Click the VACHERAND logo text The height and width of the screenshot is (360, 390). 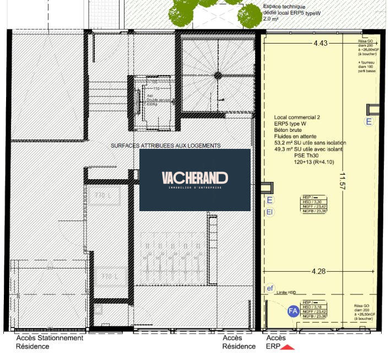pyautogui.click(x=194, y=178)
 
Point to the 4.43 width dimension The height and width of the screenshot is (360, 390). pyautogui.click(x=321, y=43)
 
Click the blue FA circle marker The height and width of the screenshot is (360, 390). pyautogui.click(x=293, y=311)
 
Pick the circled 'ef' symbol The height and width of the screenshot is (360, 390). pyautogui.click(x=270, y=288)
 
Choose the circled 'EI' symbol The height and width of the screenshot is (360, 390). pyautogui.click(x=270, y=212)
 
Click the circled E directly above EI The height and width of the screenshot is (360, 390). pyautogui.click(x=270, y=200)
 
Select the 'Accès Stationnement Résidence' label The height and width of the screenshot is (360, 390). pyautogui.click(x=49, y=342)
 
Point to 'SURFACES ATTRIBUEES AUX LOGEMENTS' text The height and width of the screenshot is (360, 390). pyautogui.click(x=165, y=146)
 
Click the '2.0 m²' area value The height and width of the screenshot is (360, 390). pyautogui.click(x=271, y=19)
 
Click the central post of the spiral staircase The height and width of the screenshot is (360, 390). pyautogui.click(x=218, y=74)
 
